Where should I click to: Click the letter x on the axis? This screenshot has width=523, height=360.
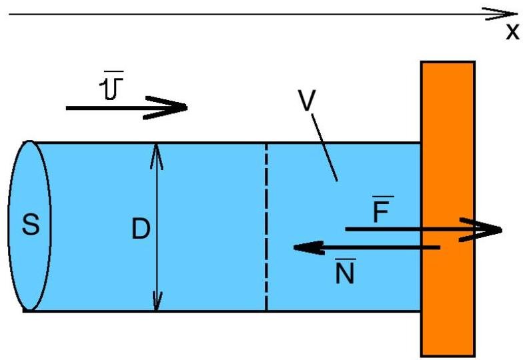(x=512, y=31)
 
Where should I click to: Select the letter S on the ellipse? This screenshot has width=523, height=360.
(x=30, y=225)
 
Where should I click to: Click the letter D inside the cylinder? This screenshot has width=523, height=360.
(x=140, y=229)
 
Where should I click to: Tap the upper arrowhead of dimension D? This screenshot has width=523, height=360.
(x=156, y=149)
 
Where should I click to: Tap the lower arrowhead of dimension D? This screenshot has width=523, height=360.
(x=156, y=303)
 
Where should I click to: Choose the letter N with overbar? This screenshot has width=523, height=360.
(x=345, y=273)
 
